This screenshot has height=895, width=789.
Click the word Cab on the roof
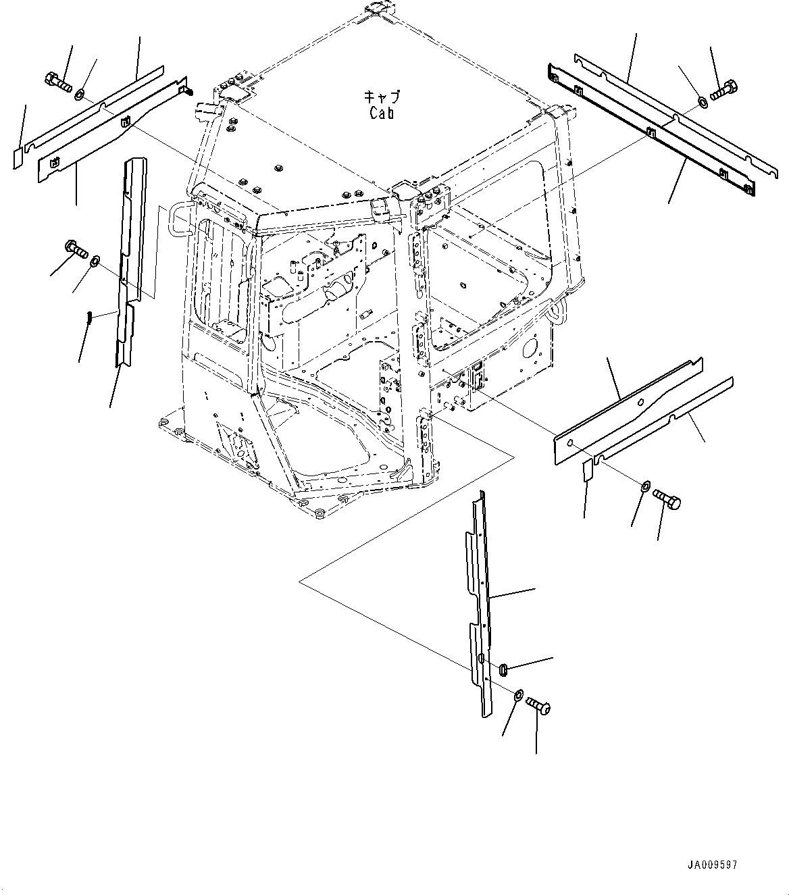click(x=382, y=112)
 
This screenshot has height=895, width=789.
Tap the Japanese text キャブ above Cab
click(x=382, y=96)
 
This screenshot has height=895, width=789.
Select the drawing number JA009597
click(x=714, y=865)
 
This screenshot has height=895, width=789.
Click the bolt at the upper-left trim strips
click(x=58, y=82)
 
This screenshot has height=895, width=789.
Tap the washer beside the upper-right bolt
click(x=702, y=102)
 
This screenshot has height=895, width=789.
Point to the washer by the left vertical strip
click(x=96, y=259)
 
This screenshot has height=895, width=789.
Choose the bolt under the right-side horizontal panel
click(x=667, y=501)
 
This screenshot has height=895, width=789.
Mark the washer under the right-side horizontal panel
click(x=645, y=486)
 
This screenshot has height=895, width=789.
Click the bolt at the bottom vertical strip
click(x=538, y=707)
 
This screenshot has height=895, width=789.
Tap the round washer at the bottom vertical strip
click(x=517, y=694)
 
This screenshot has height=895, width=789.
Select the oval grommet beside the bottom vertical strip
click(x=504, y=669)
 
